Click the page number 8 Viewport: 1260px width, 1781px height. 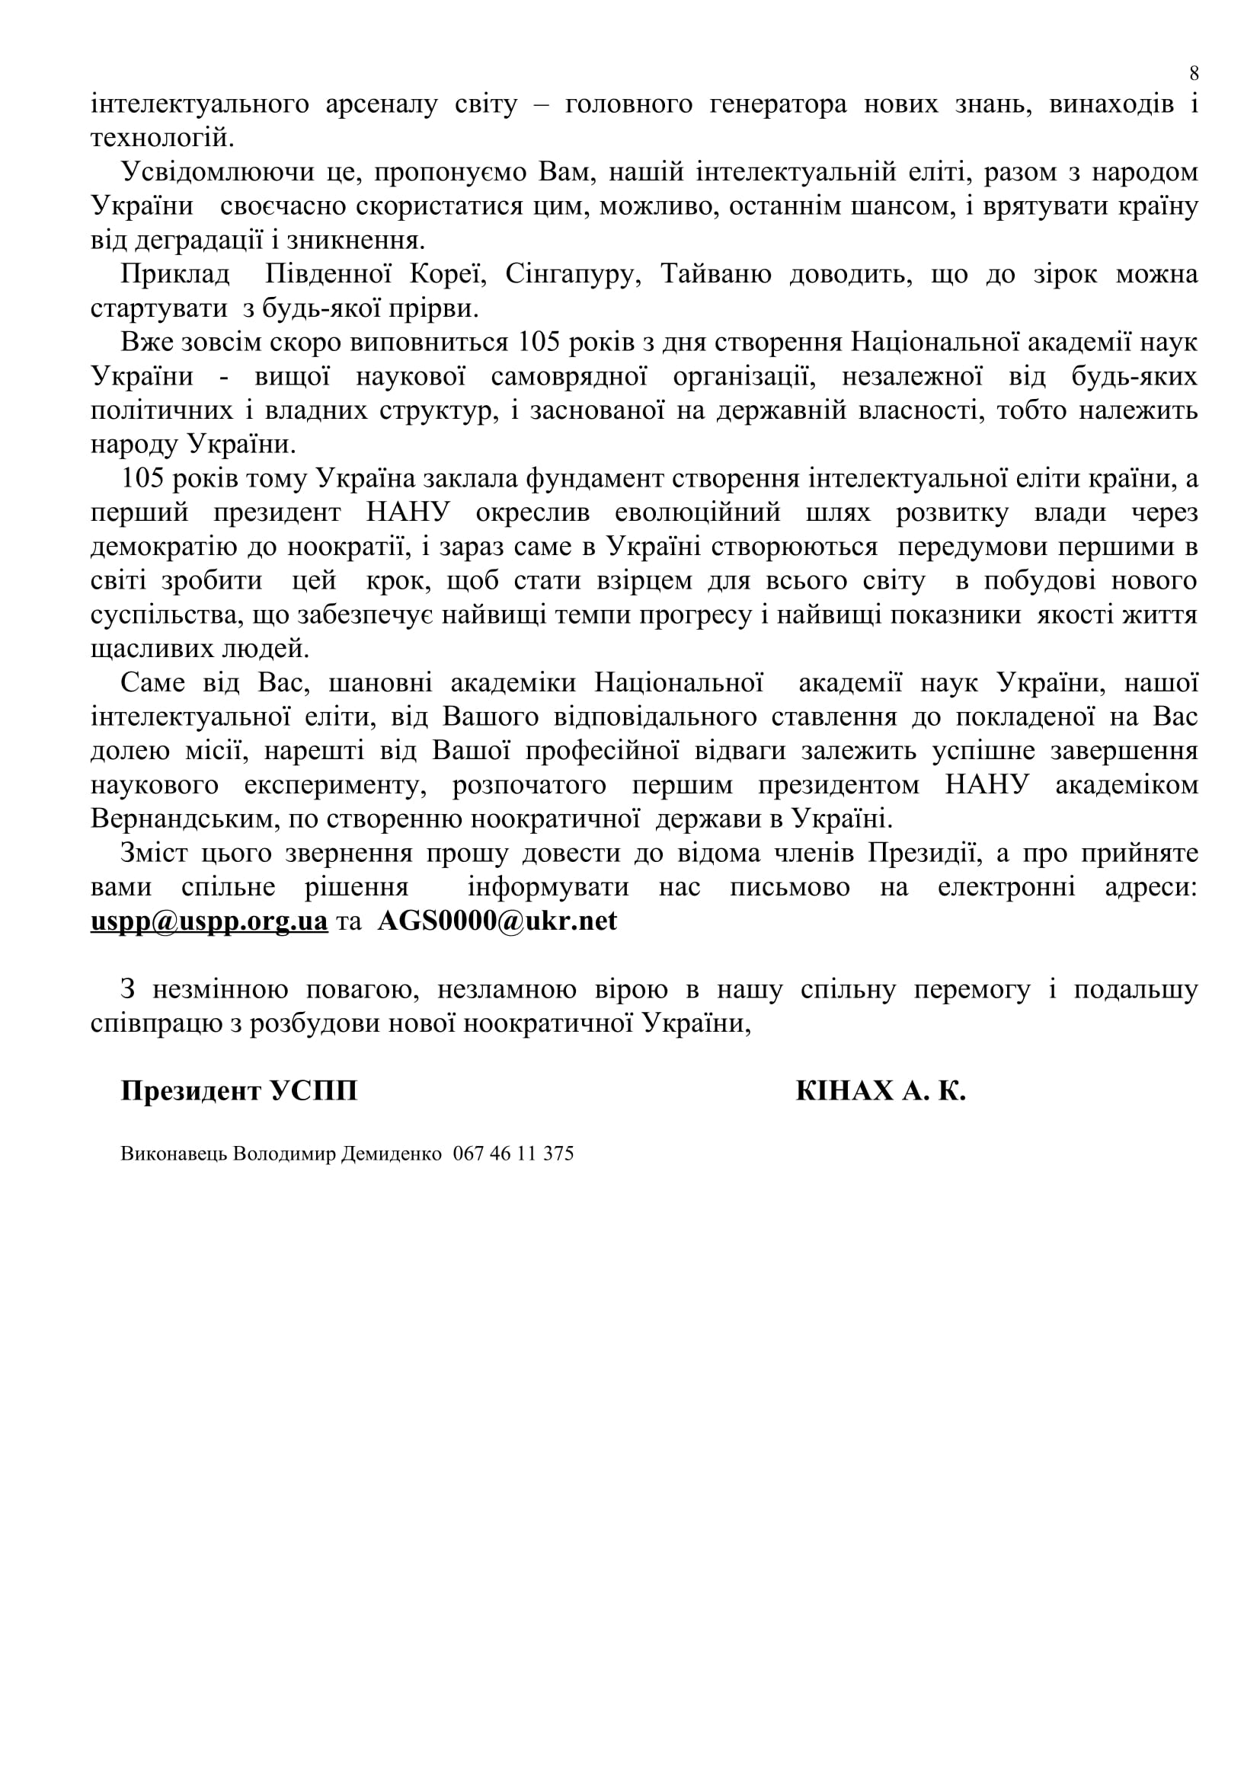coord(1193,74)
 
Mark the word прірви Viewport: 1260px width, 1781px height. coord(443,308)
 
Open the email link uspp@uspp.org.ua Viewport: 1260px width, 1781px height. coord(209,921)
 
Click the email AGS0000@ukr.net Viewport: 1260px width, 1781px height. coord(497,921)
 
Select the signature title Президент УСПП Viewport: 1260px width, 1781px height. coord(239,1091)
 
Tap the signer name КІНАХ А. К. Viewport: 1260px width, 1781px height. coord(880,1091)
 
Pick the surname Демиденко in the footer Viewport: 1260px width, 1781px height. coord(392,1154)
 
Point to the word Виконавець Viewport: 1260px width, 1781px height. coord(174,1154)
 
